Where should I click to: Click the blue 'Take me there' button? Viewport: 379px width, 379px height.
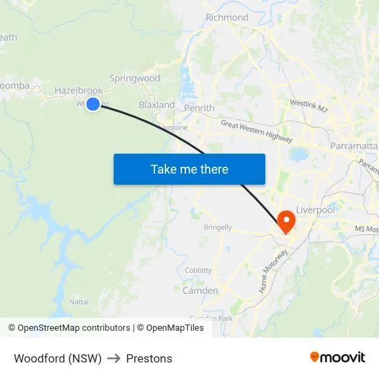[x=189, y=169]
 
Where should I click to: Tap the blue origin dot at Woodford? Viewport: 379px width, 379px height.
[x=93, y=103]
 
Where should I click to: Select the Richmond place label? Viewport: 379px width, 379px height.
[x=227, y=17]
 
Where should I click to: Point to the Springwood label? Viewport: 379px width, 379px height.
[x=134, y=79]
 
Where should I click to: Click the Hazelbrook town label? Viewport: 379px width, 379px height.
[x=79, y=90]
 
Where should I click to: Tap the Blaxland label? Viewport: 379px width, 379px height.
[x=156, y=105]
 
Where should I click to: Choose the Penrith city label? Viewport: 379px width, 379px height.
[x=199, y=108]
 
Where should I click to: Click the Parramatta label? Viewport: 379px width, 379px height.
[x=354, y=147]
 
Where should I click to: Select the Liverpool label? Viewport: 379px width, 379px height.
[x=315, y=209]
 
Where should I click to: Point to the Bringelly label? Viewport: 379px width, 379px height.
[x=218, y=227]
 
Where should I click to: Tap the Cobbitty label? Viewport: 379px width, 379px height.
[x=198, y=270]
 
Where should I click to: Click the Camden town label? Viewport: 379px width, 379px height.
[x=200, y=291]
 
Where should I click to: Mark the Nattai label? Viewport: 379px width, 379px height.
[x=79, y=302]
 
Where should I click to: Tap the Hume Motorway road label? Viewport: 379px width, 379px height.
[x=273, y=272]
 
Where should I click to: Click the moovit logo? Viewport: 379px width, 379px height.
[x=337, y=358]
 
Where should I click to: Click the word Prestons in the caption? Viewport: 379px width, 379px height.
[x=149, y=358]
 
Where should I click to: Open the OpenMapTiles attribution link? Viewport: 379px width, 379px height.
[x=170, y=328]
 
